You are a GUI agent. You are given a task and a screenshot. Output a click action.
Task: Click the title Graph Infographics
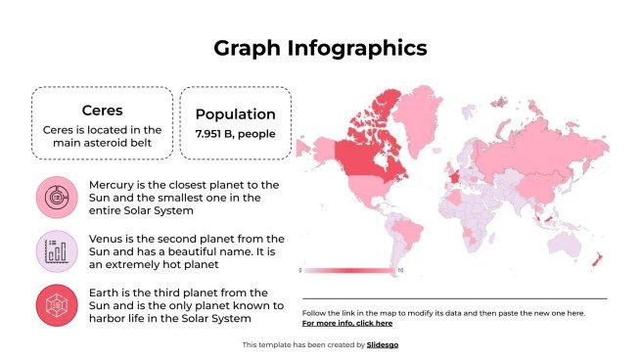[320, 48]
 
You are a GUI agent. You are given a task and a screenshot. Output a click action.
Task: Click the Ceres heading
[102, 110]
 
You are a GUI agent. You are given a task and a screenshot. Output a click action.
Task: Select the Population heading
[236, 113]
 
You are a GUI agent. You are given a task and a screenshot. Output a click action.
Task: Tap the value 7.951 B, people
[236, 134]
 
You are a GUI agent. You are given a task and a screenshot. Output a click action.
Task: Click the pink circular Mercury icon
[56, 198]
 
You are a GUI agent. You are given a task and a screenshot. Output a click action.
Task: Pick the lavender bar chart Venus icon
[56, 251]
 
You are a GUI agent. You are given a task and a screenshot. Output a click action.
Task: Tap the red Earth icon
[56, 305]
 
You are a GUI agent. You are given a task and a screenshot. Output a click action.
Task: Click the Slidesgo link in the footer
[383, 344]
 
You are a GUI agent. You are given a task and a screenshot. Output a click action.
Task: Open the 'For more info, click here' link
[347, 323]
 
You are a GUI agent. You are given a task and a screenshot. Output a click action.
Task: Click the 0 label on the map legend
[300, 270]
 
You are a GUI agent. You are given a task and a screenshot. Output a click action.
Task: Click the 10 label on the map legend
[400, 270]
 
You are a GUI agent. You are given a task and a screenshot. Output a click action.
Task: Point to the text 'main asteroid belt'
[102, 145]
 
